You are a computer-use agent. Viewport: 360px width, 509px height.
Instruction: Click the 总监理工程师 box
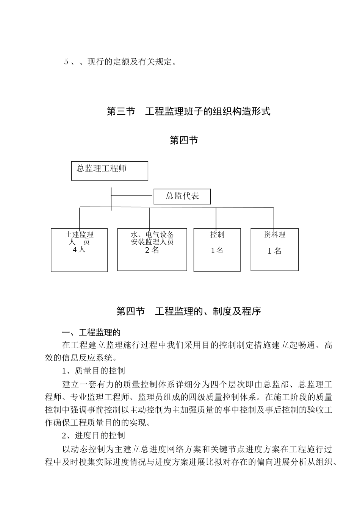pyautogui.click(x=110, y=171)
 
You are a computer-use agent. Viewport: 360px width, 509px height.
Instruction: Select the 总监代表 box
pyautogui.click(x=182, y=197)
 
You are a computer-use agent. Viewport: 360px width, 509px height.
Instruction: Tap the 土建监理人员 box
pyautogui.click(x=79, y=250)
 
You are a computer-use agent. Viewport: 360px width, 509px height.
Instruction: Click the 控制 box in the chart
pyautogui.click(x=217, y=250)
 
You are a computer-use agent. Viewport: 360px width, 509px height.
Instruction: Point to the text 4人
pyautogui.click(x=79, y=250)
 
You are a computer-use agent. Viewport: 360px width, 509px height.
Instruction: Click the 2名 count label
pyautogui.click(x=152, y=250)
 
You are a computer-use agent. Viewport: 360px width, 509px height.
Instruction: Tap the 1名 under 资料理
pyautogui.click(x=275, y=251)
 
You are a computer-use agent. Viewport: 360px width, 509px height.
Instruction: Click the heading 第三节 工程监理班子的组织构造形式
pyautogui.click(x=188, y=111)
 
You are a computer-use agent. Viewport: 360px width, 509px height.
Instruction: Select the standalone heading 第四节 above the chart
pyautogui.click(x=184, y=141)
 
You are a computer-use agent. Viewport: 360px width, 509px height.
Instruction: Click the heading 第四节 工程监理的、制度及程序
pyautogui.click(x=188, y=311)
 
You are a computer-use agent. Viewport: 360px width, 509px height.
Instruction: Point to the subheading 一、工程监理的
pyautogui.click(x=91, y=333)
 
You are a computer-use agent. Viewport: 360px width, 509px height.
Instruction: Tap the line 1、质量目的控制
pyautogui.click(x=94, y=370)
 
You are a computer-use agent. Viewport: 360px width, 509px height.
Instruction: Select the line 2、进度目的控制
pyautogui.click(x=94, y=436)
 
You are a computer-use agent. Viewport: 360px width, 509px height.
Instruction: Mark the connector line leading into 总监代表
pyautogui.click(x=132, y=196)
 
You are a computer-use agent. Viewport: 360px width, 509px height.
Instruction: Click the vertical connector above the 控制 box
pyautogui.click(x=216, y=218)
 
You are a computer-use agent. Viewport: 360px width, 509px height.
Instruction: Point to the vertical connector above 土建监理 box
pyautogui.click(x=80, y=218)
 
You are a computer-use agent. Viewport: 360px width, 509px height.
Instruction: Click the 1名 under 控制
pyautogui.click(x=217, y=250)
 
